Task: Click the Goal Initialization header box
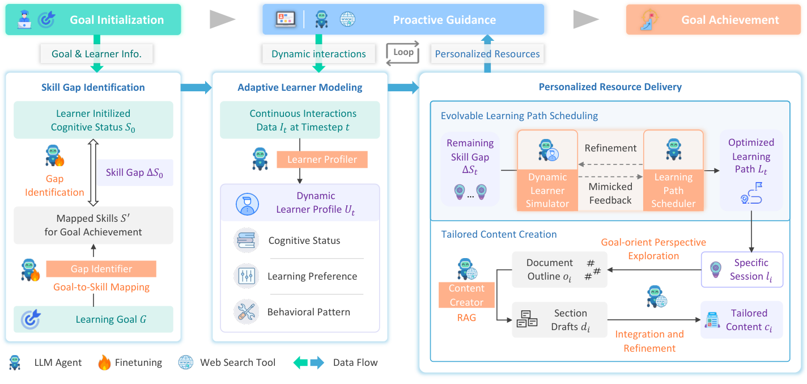pos(94,20)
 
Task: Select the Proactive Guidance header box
pos(403,20)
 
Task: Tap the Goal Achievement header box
pos(713,20)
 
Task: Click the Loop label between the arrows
pos(403,52)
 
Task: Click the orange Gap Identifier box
pos(101,269)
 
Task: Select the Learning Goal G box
pos(94,319)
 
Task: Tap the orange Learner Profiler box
pos(322,159)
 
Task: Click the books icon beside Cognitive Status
pos(246,240)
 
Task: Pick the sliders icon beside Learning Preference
pos(246,276)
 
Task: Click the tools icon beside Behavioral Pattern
pos(246,312)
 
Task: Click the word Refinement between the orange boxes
pos(610,148)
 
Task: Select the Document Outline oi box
pos(559,269)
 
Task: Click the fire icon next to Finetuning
pos(104,362)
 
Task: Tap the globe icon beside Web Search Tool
pos(185,362)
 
